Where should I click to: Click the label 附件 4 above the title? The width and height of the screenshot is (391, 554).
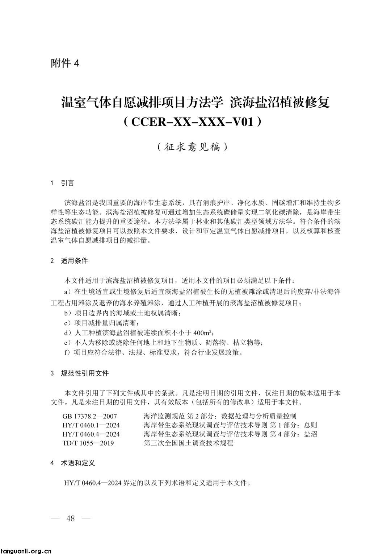(x=65, y=63)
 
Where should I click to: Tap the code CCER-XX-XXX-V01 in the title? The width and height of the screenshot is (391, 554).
(x=192, y=122)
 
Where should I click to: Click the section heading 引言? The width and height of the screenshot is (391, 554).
(x=67, y=183)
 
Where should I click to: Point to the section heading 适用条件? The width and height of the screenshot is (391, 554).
(x=74, y=261)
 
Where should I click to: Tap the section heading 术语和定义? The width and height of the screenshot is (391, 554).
(x=77, y=463)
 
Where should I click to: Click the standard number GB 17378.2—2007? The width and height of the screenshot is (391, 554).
(x=90, y=416)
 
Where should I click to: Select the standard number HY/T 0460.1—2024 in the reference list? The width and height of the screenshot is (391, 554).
(x=91, y=425)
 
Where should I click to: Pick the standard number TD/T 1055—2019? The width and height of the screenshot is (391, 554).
(x=88, y=443)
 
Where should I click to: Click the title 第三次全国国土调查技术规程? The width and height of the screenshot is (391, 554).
(x=188, y=443)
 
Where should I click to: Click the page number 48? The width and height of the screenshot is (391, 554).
(x=71, y=518)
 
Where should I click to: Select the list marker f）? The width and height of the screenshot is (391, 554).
(x=67, y=352)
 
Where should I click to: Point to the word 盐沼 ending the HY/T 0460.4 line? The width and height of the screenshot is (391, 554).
(x=311, y=434)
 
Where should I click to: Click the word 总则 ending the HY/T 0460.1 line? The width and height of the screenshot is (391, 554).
(x=311, y=425)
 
